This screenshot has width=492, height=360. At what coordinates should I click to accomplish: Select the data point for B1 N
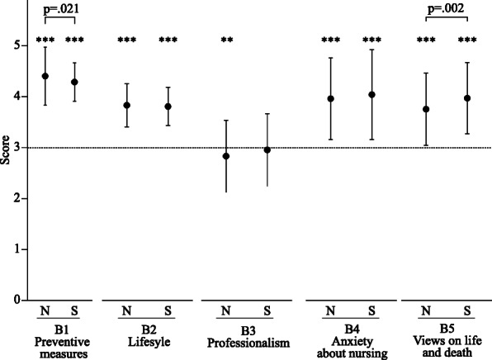pos(45,76)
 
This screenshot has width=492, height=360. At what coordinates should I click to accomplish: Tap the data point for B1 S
pos(74,82)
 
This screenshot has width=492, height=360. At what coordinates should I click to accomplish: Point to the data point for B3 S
pos(267,150)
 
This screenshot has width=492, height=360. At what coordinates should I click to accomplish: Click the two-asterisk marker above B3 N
pos(226,40)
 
